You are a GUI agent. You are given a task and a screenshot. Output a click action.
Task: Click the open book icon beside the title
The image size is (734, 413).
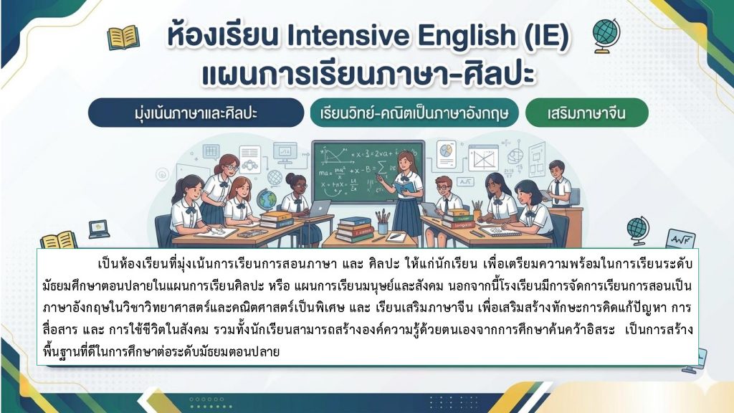123,37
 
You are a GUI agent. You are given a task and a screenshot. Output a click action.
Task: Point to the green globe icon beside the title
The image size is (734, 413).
606,36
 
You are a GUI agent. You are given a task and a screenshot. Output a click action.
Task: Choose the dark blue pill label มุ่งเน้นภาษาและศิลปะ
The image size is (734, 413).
196,113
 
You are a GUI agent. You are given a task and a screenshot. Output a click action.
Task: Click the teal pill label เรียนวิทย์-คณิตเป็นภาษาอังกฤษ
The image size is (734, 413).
414,113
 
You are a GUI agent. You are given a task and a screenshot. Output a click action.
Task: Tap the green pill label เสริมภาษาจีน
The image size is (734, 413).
586,113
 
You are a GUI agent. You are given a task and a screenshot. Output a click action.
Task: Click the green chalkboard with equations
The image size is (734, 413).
368,171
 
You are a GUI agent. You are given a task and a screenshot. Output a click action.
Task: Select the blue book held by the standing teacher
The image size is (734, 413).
404,188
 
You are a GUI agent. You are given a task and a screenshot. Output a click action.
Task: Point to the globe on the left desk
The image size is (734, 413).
267,199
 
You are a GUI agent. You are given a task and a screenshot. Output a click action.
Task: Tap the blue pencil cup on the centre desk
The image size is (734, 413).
383,228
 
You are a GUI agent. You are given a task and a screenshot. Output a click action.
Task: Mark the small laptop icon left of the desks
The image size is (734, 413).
99,229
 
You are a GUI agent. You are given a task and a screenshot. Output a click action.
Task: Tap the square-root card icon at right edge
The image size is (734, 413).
680,239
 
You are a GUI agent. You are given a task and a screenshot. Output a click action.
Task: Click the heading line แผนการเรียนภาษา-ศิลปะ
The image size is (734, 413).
368,75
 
